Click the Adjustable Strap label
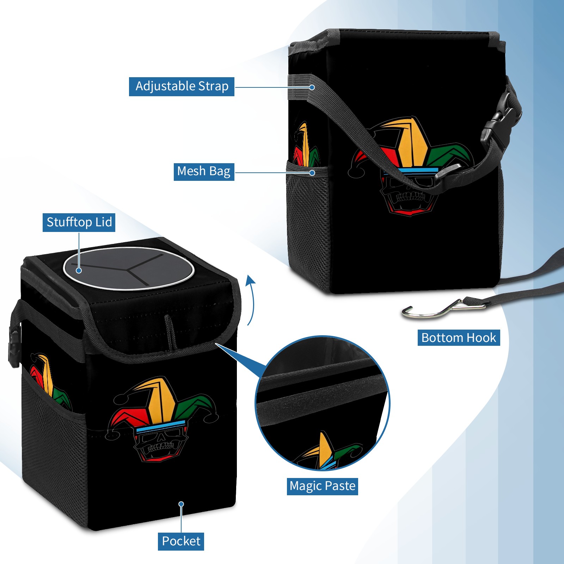point(182,86)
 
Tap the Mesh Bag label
point(204,172)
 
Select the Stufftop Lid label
point(79,222)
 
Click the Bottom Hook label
point(459,338)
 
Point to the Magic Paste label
point(322,486)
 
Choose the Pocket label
point(181,541)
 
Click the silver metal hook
point(444,309)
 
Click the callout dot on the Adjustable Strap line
point(312,87)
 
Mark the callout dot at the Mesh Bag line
point(312,173)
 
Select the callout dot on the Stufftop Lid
point(79,270)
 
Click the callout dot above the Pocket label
point(181,504)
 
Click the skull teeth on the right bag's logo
point(411,196)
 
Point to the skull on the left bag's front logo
point(161,444)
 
